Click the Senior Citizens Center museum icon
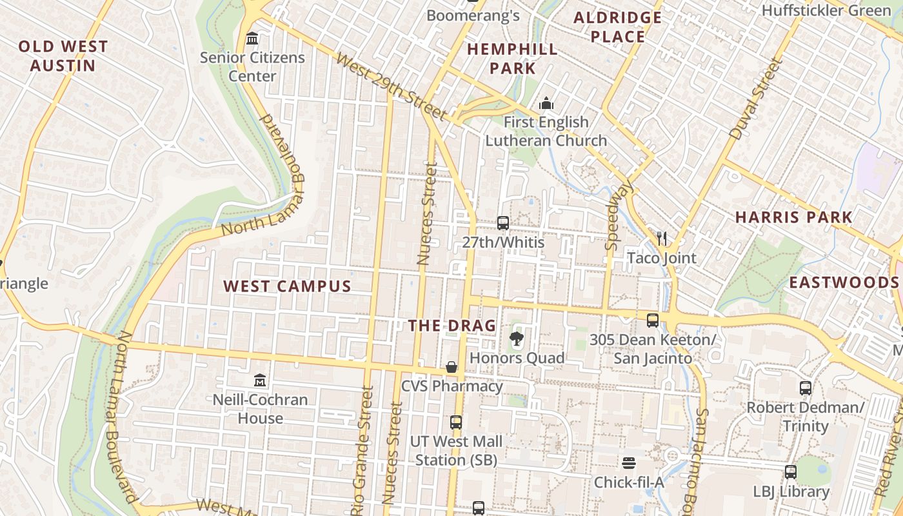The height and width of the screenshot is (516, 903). click(x=252, y=39)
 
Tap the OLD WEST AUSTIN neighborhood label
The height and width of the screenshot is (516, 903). click(x=63, y=56)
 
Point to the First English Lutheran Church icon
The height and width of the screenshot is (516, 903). click(x=546, y=103)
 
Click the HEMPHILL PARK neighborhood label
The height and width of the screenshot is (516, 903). click(x=512, y=59)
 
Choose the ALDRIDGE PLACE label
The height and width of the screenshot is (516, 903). click(x=618, y=27)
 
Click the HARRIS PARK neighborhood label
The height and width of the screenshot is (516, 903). click(x=794, y=217)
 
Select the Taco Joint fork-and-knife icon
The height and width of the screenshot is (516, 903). click(x=662, y=239)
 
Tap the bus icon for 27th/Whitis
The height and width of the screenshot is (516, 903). click(x=503, y=223)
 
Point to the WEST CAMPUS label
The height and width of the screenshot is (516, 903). click(x=287, y=286)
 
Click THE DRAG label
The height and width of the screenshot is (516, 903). click(x=452, y=326)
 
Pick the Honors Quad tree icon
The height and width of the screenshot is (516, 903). click(x=516, y=339)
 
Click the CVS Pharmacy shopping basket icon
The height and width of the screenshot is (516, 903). click(x=451, y=367)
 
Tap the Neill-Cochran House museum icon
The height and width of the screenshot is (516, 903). click(x=260, y=380)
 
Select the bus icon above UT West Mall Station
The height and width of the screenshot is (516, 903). click(x=456, y=422)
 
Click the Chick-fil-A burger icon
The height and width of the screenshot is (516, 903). click(x=629, y=462)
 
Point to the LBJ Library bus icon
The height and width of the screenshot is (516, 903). click(x=791, y=472)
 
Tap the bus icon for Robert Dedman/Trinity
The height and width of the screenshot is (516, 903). click(x=806, y=388)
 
